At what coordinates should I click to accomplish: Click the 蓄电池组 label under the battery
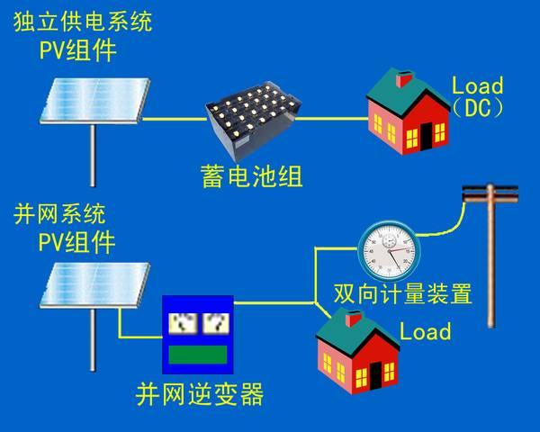pos(252,176)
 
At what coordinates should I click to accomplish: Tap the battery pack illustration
pos(253,121)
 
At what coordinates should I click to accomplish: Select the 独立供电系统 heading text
pos(83,22)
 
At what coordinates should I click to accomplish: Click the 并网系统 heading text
pos(59,214)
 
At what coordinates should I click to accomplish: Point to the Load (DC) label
pos(477,97)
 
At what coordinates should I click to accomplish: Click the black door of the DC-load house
pos(426,136)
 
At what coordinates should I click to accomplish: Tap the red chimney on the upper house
pos(403,79)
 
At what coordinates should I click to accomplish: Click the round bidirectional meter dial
pos(390,250)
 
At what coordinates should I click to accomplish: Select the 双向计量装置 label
pos(402,293)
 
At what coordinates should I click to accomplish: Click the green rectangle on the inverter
pos(198,355)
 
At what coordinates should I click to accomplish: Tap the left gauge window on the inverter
pos(183,323)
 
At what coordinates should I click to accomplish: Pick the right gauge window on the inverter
pos(216,323)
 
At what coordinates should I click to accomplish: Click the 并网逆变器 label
pos(200,394)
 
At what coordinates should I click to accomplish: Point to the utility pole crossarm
pos(490,193)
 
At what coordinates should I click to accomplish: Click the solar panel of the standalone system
pos(94,100)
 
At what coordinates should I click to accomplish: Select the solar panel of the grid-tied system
pos(94,285)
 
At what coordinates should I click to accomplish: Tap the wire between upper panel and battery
pos(175,120)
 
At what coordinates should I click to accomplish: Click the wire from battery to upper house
pos(331,119)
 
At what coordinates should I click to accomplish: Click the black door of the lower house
pos(375,375)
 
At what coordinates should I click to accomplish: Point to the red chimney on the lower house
pos(353,319)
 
